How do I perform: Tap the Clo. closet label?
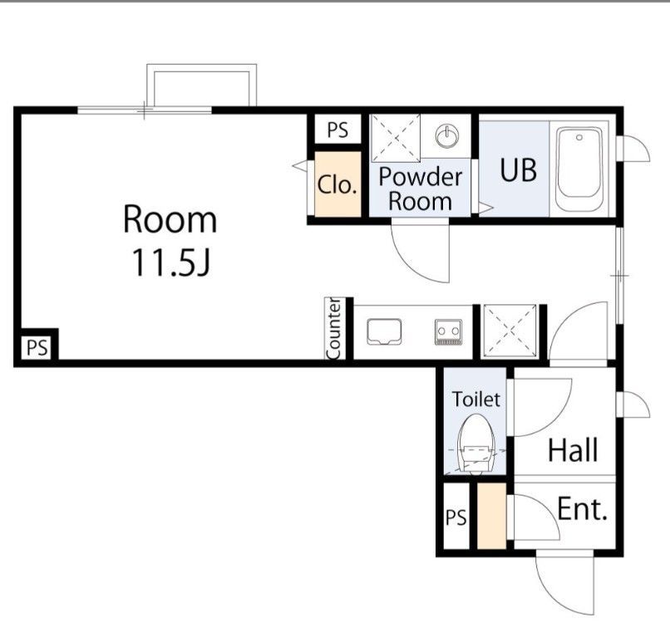coord(337,185)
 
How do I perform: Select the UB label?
coord(518,169)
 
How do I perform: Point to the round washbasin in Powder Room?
coord(447,136)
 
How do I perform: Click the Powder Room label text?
coord(421,189)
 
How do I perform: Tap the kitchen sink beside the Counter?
coord(384,331)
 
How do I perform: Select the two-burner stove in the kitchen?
coord(448,331)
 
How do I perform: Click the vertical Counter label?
coord(333,329)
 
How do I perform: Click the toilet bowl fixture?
coord(476,444)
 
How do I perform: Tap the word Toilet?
coord(476,399)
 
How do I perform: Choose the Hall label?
coord(573,449)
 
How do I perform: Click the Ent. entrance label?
coord(582,508)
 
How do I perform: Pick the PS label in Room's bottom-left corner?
coord(37,347)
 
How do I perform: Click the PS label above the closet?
coord(337,130)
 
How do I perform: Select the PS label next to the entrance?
coord(456,518)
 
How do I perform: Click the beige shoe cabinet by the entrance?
coord(491,515)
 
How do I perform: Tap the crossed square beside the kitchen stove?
coord(509,331)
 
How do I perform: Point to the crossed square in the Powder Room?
coord(396,139)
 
